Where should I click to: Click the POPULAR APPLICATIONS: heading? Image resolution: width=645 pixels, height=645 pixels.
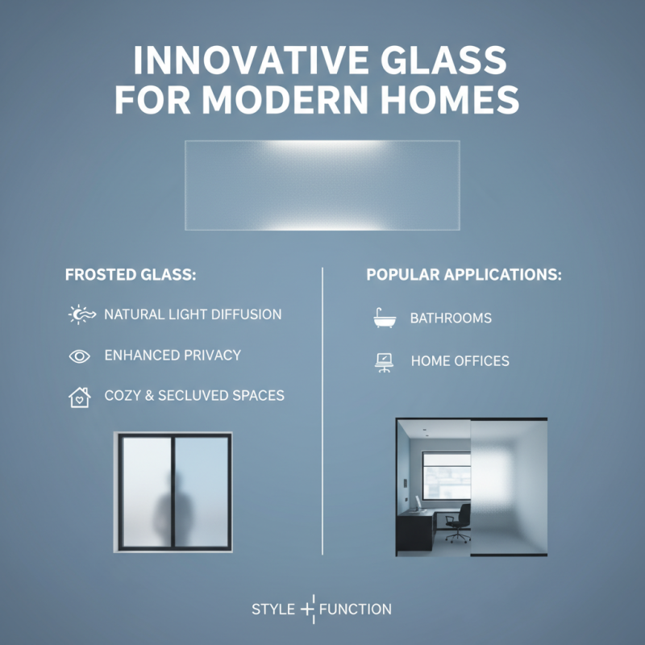464,275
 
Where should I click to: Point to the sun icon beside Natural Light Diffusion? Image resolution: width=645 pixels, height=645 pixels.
80,314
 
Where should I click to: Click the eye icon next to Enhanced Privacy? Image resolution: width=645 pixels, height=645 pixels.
80,356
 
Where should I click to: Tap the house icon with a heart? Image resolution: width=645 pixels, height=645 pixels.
79,397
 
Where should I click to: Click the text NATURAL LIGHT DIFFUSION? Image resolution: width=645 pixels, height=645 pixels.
193,314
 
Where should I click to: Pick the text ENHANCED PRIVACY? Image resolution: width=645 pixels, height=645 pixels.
173,356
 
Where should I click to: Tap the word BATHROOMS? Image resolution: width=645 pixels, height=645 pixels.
451,318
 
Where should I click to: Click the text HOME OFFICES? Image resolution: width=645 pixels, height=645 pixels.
460,361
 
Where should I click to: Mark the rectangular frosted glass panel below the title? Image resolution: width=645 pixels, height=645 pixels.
322,185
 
